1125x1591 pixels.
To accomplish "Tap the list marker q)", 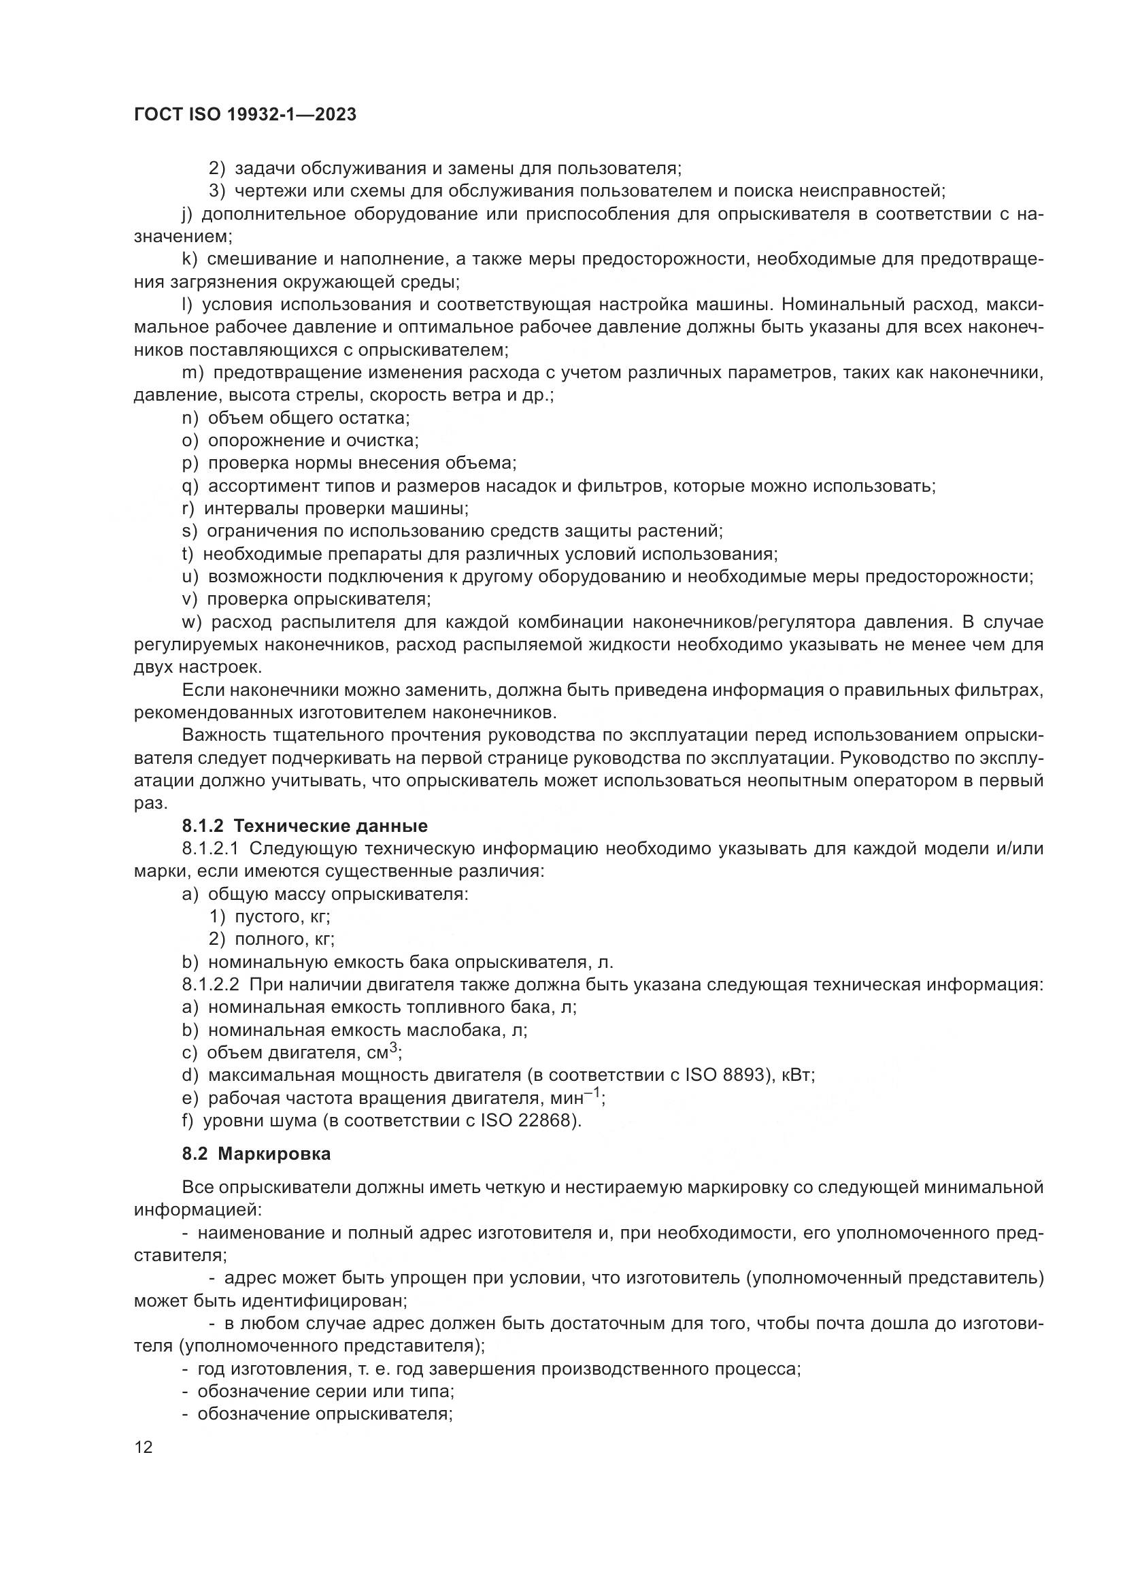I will pyautogui.click(x=190, y=486).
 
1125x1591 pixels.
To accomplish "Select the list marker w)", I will pyautogui.click(x=192, y=622).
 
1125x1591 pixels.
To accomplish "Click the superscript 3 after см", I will pyautogui.click(x=392, y=1048).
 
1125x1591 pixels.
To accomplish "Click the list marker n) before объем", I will pyautogui.click(x=190, y=418).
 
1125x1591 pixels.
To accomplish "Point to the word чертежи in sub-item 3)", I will pyautogui.click(x=267, y=190).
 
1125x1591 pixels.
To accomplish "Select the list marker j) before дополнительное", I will pyautogui.click(x=187, y=214).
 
